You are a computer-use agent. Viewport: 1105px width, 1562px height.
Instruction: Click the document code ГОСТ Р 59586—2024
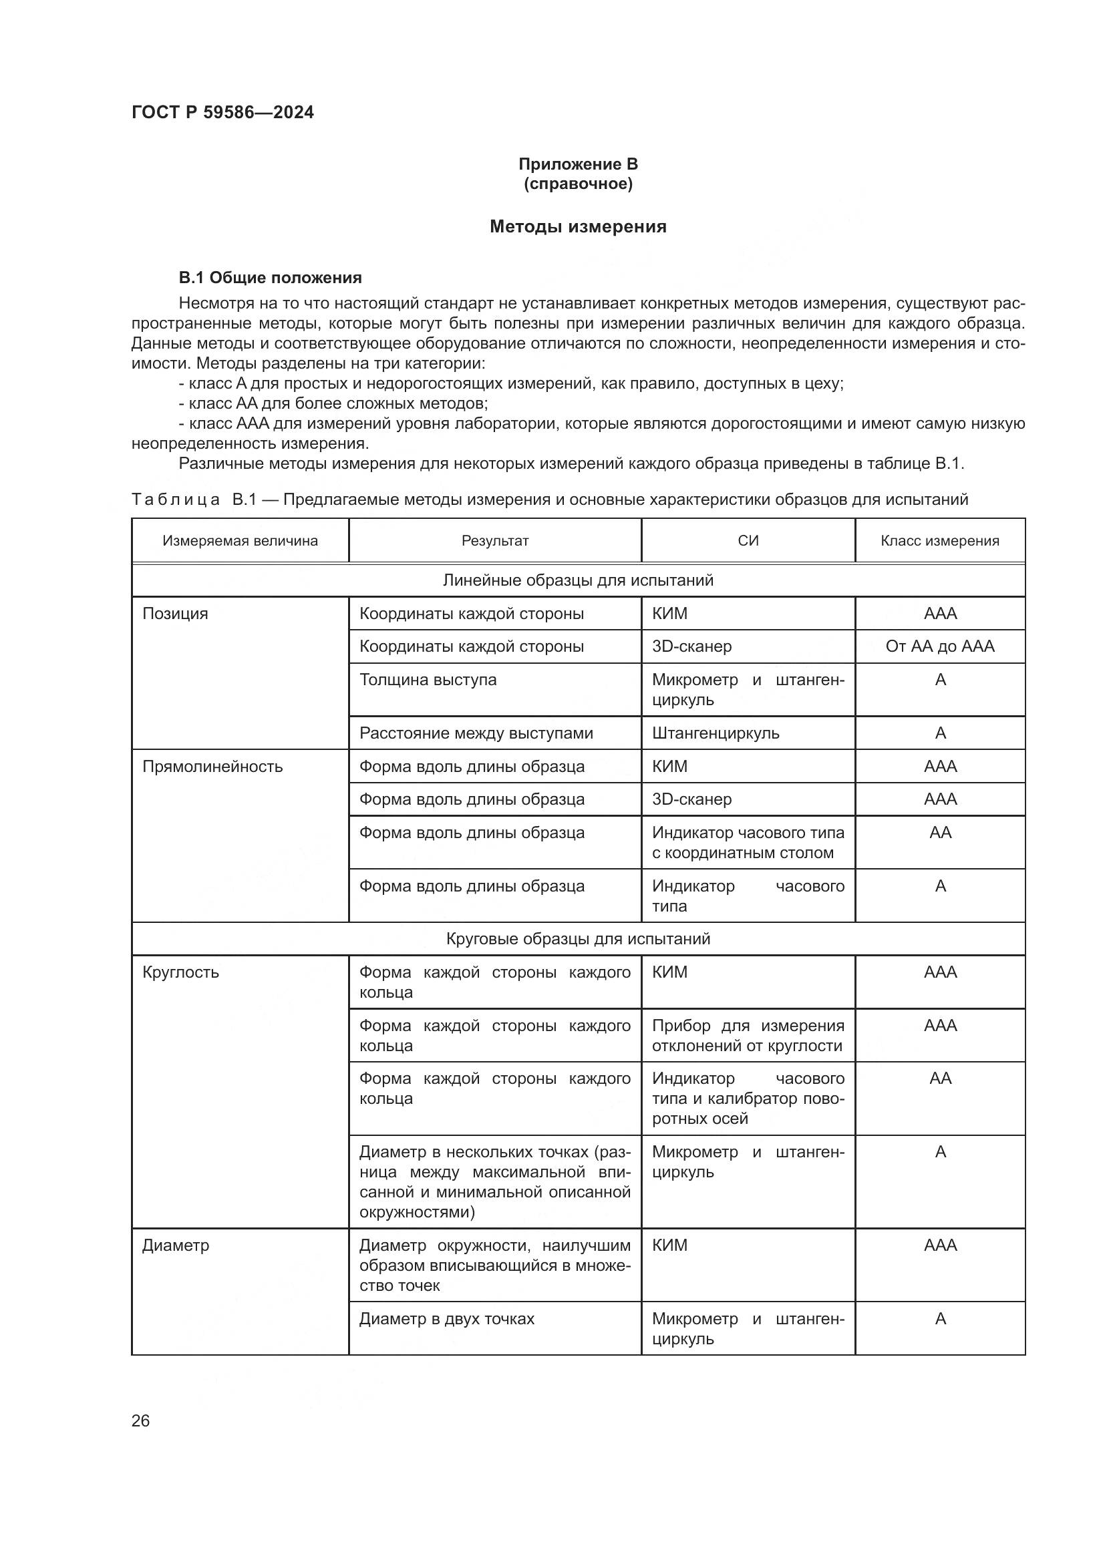[x=222, y=112]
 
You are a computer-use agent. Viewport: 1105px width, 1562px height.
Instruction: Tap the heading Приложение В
[x=578, y=164]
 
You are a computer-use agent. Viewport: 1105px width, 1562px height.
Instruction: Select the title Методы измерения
[x=578, y=226]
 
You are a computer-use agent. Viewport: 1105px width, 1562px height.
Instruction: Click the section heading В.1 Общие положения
[x=270, y=278]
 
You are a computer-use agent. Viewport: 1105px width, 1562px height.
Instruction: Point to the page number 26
[x=140, y=1420]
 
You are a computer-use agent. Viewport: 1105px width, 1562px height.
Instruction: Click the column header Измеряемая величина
[x=241, y=541]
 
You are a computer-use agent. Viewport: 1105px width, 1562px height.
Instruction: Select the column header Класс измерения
[x=940, y=541]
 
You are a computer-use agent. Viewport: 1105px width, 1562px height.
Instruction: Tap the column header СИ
[x=748, y=541]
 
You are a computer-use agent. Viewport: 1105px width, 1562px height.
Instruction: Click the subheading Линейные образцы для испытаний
[x=578, y=580]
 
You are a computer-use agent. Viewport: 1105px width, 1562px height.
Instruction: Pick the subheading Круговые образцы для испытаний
[x=578, y=939]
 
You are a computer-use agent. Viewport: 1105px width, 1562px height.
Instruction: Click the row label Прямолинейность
[x=212, y=767]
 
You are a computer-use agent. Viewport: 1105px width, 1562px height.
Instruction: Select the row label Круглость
[x=180, y=972]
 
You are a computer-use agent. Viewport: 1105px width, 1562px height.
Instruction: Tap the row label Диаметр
[x=176, y=1245]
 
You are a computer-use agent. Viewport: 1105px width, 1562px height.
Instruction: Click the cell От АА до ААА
[x=940, y=646]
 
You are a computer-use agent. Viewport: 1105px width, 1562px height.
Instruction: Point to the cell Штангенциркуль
[x=715, y=733]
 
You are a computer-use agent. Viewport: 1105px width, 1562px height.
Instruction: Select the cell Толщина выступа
[x=428, y=680]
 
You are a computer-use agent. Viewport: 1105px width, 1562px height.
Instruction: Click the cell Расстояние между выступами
[x=476, y=733]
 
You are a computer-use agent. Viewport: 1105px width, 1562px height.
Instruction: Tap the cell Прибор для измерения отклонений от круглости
[x=747, y=1036]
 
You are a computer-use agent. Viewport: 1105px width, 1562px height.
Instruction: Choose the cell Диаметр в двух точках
[x=447, y=1318]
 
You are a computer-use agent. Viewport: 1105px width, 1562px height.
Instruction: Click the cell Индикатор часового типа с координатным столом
[x=747, y=842]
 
